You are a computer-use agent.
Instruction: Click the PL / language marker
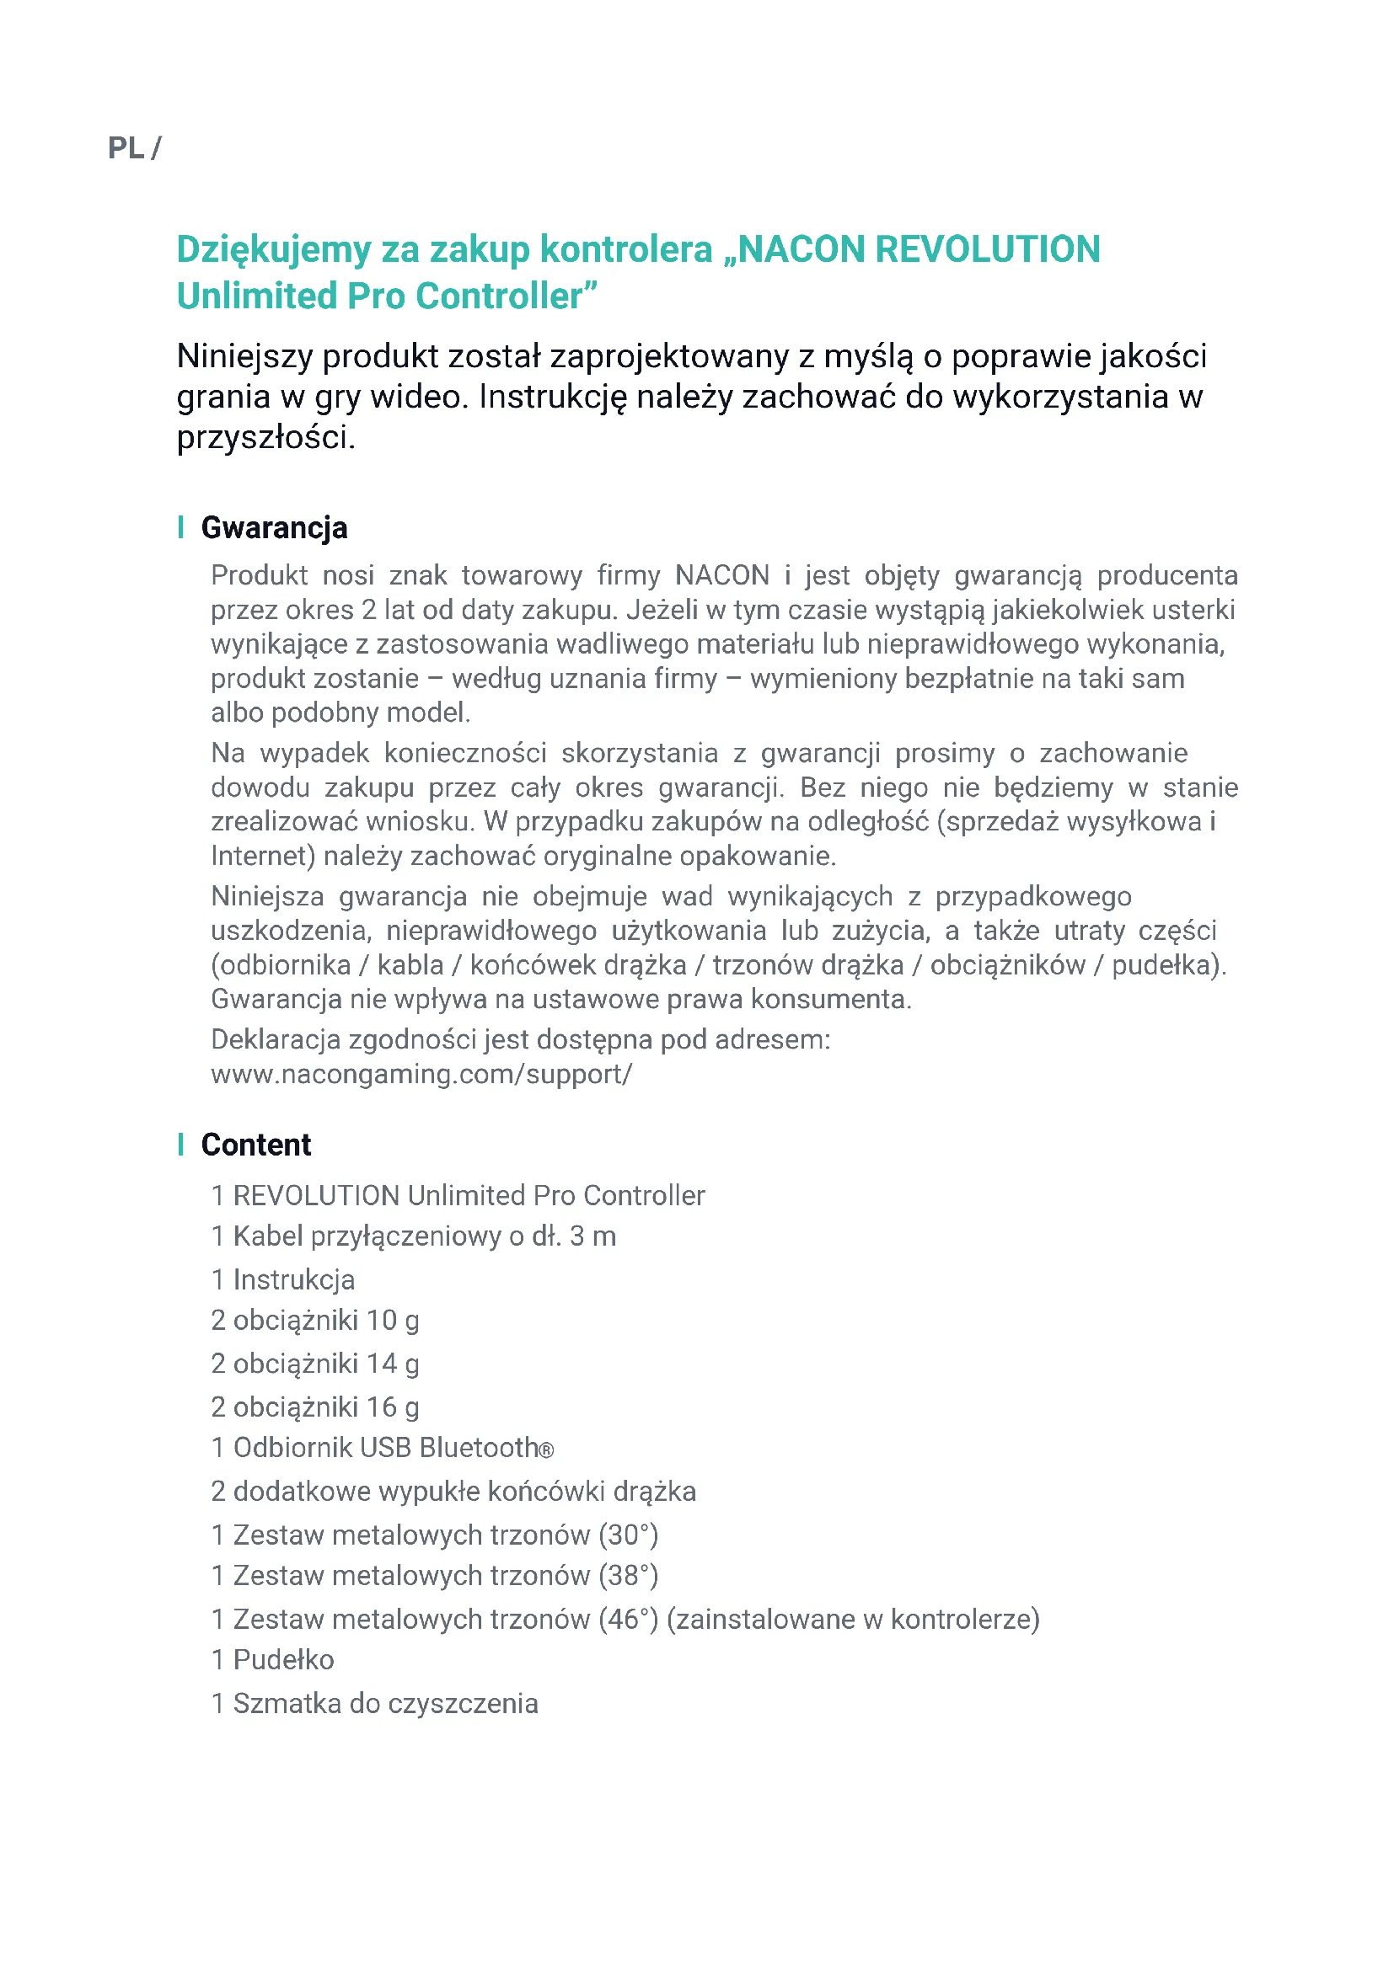134,148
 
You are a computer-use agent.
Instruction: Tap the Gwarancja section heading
274,528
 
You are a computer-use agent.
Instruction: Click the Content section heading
256,1145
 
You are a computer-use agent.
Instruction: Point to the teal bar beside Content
181,1144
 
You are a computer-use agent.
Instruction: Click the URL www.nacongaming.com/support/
421,1074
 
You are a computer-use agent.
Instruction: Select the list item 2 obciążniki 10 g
315,1321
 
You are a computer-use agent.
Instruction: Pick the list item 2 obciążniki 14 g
315,1364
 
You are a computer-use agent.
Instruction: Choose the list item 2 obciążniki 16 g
315,1407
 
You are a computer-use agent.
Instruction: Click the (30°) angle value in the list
629,1535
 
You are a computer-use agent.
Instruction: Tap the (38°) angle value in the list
629,1576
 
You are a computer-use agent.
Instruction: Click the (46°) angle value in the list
629,1619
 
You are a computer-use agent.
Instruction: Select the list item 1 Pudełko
272,1660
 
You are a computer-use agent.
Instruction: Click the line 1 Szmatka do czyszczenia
374,1703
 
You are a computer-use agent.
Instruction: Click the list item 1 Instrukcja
282,1280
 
